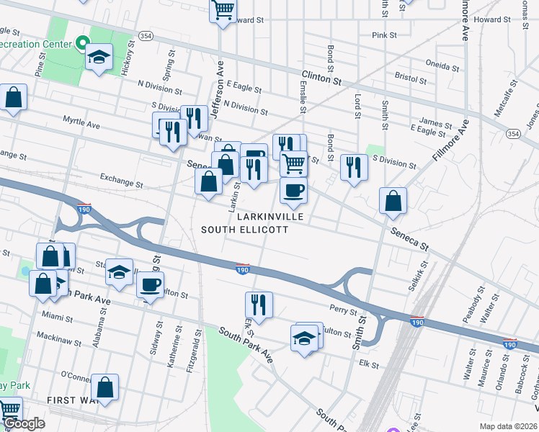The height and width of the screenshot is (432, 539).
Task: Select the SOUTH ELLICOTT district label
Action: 244,230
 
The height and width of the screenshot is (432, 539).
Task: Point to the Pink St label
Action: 384,35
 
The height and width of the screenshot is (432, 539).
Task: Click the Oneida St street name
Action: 442,65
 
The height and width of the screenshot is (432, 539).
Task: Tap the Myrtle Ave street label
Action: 81,123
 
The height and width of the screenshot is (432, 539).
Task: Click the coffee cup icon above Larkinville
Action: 293,191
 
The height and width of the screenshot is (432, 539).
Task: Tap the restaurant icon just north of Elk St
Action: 259,304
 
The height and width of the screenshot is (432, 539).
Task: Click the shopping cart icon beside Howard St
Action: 223,10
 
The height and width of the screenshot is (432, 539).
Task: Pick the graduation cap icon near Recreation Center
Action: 99,58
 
